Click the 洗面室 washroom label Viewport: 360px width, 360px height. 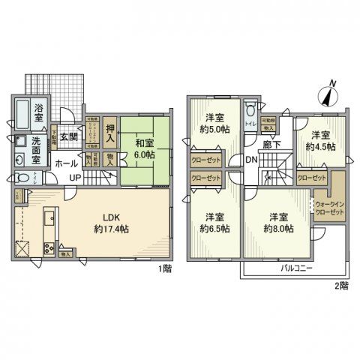tap(40, 144)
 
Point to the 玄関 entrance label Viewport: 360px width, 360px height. tap(69, 136)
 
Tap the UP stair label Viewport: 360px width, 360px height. tap(76, 177)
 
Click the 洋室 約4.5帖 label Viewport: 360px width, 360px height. tap(320, 141)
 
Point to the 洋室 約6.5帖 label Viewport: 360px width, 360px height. tap(217, 223)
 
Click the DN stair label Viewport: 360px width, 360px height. tap(253, 160)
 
